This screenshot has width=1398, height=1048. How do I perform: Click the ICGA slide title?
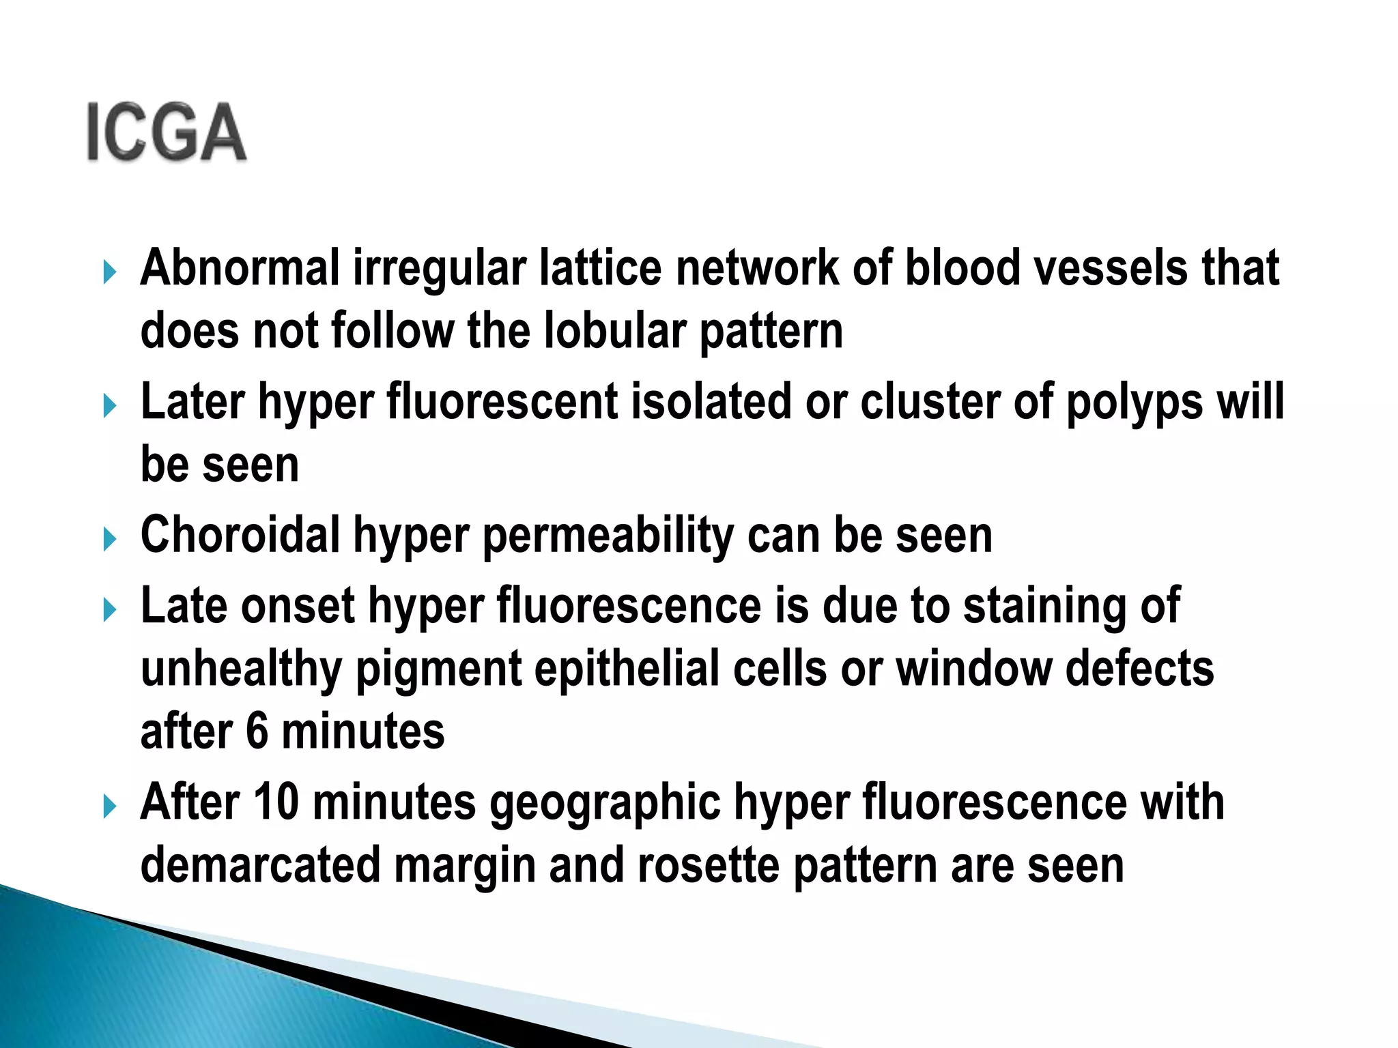pos(167,132)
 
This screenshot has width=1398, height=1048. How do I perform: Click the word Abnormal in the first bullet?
pos(240,267)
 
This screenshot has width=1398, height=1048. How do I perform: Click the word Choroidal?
pos(240,535)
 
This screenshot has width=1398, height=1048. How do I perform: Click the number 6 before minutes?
pos(257,731)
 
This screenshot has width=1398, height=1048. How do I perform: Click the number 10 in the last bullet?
pos(276,802)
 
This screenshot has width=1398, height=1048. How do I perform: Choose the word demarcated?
pos(260,865)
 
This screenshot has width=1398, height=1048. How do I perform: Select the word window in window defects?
pos(973,669)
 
